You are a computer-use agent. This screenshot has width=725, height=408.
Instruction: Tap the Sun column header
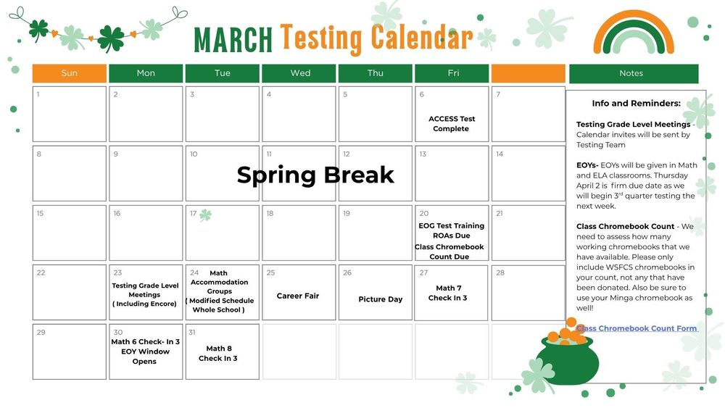click(x=70, y=73)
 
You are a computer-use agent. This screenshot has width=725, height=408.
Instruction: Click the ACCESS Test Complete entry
click(x=452, y=124)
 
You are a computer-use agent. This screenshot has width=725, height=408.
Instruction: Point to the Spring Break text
click(x=315, y=175)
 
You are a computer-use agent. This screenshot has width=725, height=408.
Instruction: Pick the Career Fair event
click(x=298, y=296)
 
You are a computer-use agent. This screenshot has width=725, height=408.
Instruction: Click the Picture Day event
click(x=380, y=299)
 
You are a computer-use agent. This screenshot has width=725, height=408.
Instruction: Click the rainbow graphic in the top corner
click(x=633, y=33)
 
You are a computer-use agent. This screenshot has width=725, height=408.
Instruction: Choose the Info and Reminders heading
click(x=636, y=104)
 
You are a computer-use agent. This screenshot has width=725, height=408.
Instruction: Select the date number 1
click(x=38, y=94)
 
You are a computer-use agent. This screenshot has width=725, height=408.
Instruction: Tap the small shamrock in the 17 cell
click(x=206, y=215)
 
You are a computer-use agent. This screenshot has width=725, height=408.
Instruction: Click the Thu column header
click(x=376, y=73)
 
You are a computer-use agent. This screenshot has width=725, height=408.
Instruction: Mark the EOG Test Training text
click(x=451, y=225)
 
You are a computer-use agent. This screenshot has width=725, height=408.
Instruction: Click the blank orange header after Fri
click(x=528, y=73)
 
